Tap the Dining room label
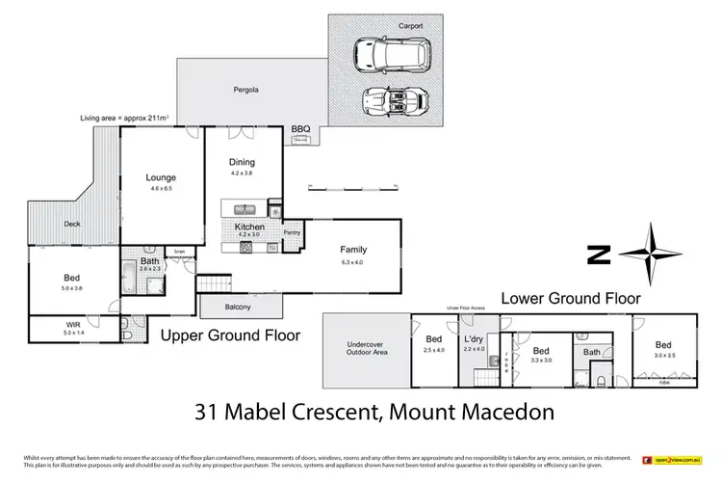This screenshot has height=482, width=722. pyautogui.click(x=242, y=162)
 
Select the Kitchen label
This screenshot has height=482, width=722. pyautogui.click(x=249, y=227)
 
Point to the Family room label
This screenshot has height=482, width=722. pyautogui.click(x=353, y=250)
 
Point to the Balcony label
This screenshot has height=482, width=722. pyautogui.click(x=238, y=308)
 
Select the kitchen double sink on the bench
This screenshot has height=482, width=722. pyautogui.click(x=243, y=209)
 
